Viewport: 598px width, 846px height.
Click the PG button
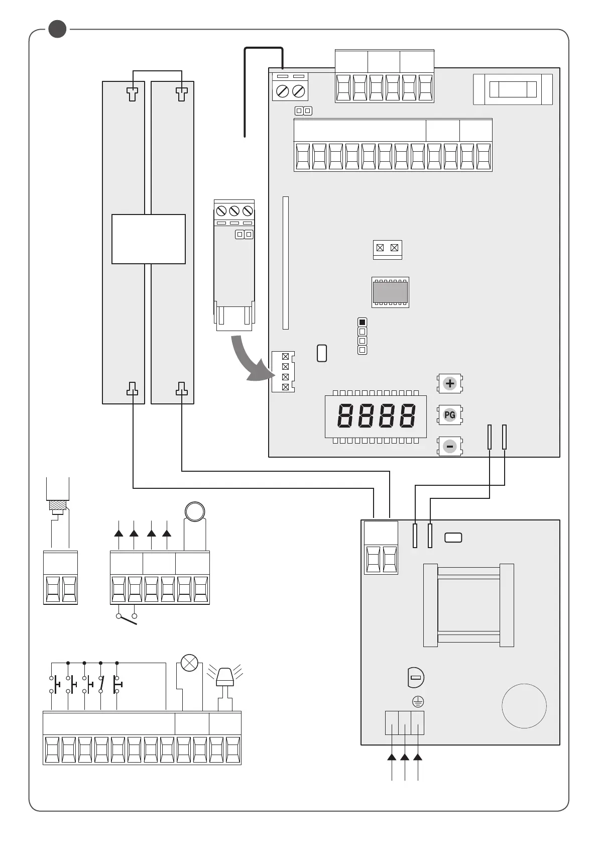[450, 415]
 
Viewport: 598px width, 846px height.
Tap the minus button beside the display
[450, 446]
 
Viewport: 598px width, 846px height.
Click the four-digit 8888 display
[376, 416]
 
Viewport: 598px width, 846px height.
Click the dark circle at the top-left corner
[57, 29]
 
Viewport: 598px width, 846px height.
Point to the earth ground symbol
[418, 702]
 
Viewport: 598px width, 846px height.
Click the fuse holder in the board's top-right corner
[513, 89]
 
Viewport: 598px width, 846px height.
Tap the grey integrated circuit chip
[390, 292]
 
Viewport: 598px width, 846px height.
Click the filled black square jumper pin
[362, 322]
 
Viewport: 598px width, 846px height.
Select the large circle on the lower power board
[524, 705]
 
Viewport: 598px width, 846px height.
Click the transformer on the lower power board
[468, 605]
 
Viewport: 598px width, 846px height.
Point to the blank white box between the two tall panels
[148, 239]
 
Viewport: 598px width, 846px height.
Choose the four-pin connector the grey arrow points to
[283, 372]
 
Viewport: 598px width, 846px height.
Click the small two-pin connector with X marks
[387, 248]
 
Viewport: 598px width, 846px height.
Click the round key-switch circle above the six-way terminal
[195, 511]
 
